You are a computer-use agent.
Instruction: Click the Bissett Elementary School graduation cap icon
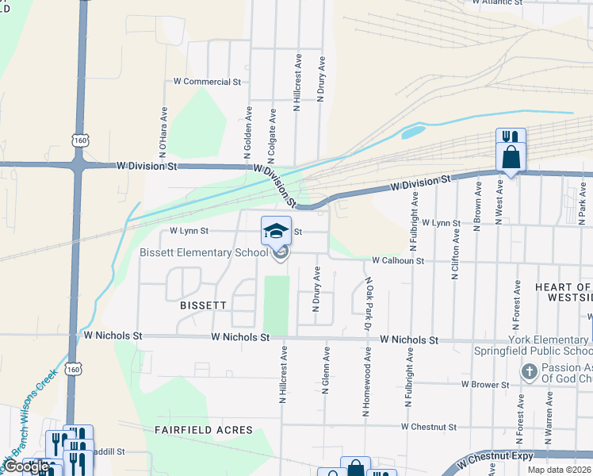[x=276, y=231]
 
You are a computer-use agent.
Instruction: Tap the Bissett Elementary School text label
[x=204, y=253]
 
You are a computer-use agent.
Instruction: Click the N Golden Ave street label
[x=248, y=131]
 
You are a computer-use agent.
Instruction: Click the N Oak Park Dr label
[x=369, y=301]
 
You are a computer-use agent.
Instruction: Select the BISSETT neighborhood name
[x=203, y=305]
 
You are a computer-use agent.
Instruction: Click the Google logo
[x=26, y=466]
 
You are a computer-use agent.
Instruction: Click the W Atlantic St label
[x=497, y=2]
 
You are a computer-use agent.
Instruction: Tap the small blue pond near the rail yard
[x=412, y=132]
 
